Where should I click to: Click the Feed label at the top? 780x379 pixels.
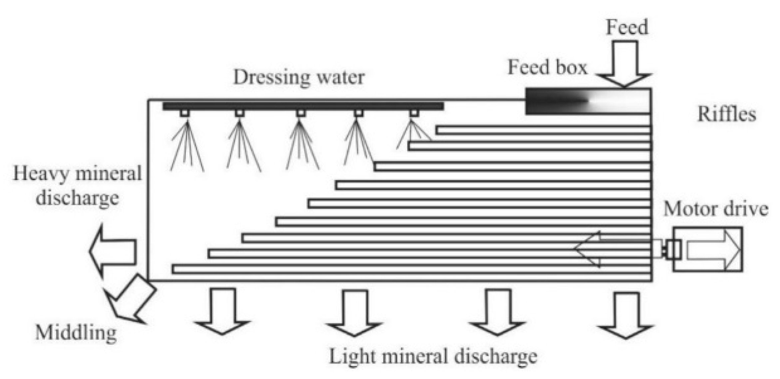(x=626, y=27)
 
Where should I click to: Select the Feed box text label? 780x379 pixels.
(x=547, y=68)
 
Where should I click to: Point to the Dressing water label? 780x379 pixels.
(x=299, y=78)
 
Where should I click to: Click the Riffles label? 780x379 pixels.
(x=726, y=114)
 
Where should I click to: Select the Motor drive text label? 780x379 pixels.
(x=716, y=209)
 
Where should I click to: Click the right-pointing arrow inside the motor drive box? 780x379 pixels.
(x=713, y=250)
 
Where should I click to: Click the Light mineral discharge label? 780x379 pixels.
(x=433, y=356)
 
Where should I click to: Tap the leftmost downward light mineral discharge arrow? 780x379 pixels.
(x=222, y=311)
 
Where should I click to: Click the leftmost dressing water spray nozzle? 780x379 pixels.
(x=185, y=113)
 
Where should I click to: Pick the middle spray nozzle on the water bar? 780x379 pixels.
(x=301, y=113)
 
